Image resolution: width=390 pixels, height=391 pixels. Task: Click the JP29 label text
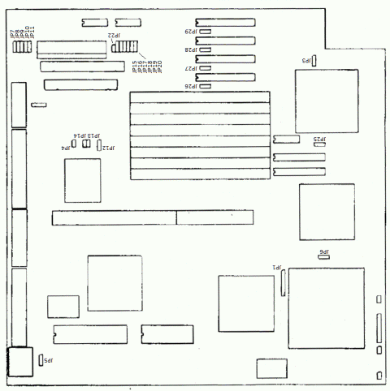point(188,32)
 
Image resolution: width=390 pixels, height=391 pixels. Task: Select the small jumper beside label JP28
point(206,49)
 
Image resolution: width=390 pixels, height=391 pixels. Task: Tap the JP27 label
point(188,67)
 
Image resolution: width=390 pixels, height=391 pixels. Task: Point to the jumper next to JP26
point(206,85)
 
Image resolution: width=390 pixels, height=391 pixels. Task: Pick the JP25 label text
point(319,139)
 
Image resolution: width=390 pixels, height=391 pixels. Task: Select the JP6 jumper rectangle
point(323,259)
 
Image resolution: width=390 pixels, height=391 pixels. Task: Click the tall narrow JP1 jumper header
point(284,283)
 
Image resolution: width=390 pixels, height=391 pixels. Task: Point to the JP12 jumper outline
point(99,147)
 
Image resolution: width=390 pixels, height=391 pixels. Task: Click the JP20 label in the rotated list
point(159,68)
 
